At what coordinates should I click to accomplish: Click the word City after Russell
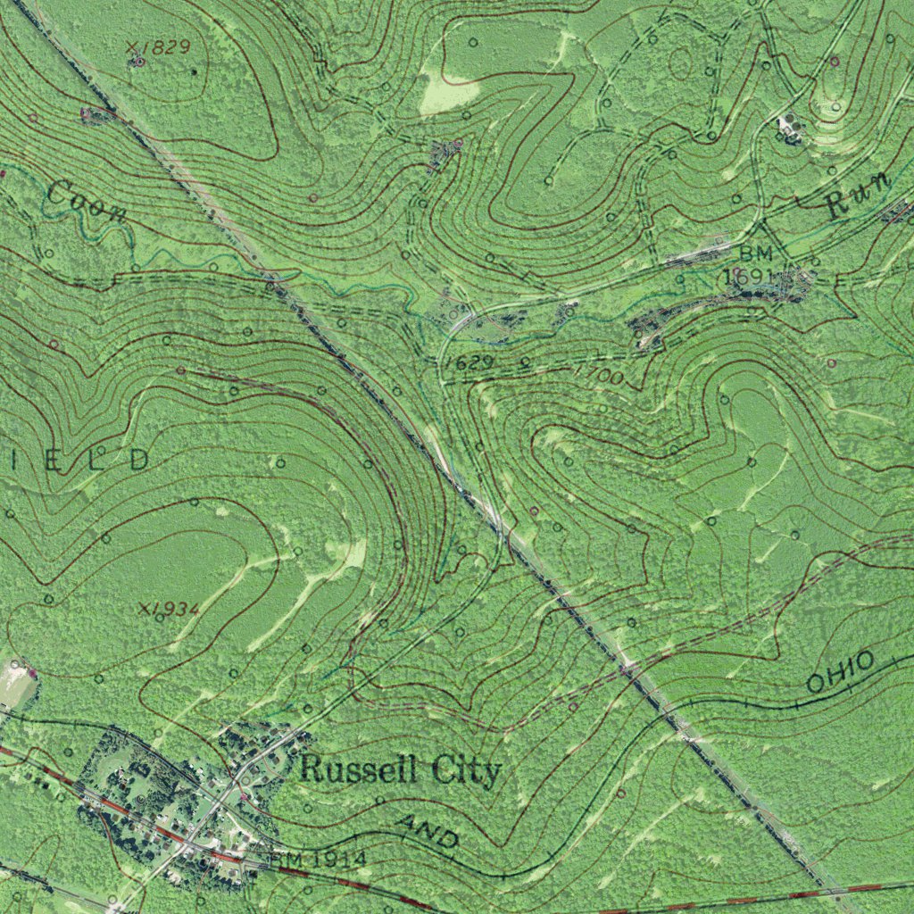point(466,770)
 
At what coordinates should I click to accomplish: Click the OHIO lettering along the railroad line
point(840,673)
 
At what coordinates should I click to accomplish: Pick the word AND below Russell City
point(429,833)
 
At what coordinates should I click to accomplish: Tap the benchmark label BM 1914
point(319,859)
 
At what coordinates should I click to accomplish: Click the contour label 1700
point(599,374)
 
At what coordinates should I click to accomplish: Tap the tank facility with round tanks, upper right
point(788,128)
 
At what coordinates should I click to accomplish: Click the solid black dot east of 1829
point(195,71)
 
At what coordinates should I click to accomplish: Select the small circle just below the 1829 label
point(138,62)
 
